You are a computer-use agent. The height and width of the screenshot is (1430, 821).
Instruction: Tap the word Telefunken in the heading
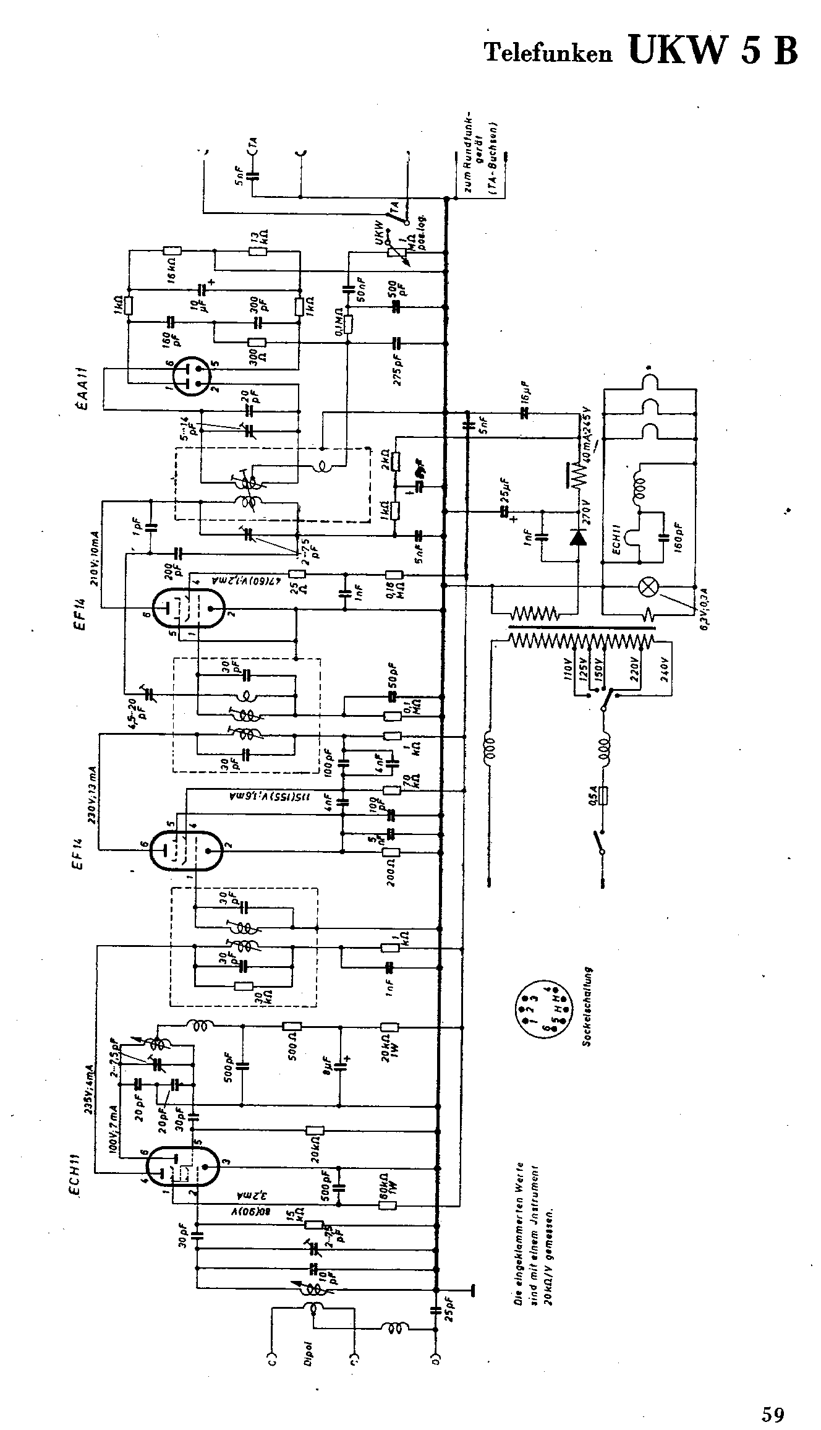[548, 53]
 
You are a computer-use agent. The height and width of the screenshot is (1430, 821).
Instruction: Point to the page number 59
[773, 1397]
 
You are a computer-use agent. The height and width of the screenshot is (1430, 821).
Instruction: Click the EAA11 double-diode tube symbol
[193, 376]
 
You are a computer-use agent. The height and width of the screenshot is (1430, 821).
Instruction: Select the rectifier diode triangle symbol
[578, 537]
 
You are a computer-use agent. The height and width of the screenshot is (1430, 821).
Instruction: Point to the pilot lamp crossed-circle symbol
[648, 587]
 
